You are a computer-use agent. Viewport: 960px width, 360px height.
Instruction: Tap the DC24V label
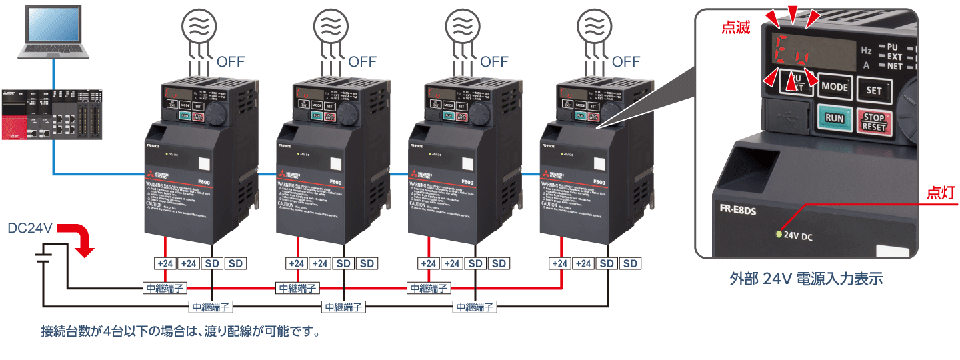(x=29, y=228)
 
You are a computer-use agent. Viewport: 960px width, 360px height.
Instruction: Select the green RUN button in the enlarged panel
(x=834, y=119)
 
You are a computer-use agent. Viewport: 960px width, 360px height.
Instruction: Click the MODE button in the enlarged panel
(x=835, y=87)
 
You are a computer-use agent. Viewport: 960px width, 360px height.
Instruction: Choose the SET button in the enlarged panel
(x=874, y=89)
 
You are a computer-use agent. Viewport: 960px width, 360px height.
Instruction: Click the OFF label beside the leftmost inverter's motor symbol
(x=231, y=62)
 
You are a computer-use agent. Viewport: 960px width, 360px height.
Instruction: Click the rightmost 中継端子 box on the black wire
(x=475, y=307)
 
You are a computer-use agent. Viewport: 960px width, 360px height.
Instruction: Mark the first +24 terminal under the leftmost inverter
(x=165, y=263)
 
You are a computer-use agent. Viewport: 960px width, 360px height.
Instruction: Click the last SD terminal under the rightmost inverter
(x=629, y=263)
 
